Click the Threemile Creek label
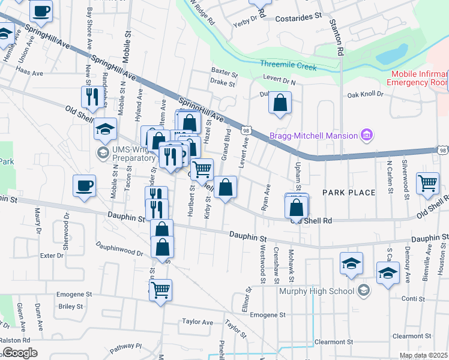pyautogui.click(x=288, y=67)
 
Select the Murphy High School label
pyautogui.click(x=317, y=292)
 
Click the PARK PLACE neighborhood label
pyautogui.click(x=349, y=193)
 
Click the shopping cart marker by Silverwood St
pyautogui.click(x=427, y=182)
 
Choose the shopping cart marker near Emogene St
pyautogui.click(x=160, y=290)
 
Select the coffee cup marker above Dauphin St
pyautogui.click(x=84, y=185)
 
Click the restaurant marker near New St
pyautogui.click(x=91, y=97)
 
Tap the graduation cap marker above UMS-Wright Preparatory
pyautogui.click(x=105, y=128)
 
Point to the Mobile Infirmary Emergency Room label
pyautogui.click(x=419, y=78)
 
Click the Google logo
pyautogui.click(x=20, y=353)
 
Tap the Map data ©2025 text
pyautogui.click(x=423, y=355)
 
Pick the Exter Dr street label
pyautogui.click(x=52, y=256)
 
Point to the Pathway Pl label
pyautogui.click(x=125, y=346)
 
